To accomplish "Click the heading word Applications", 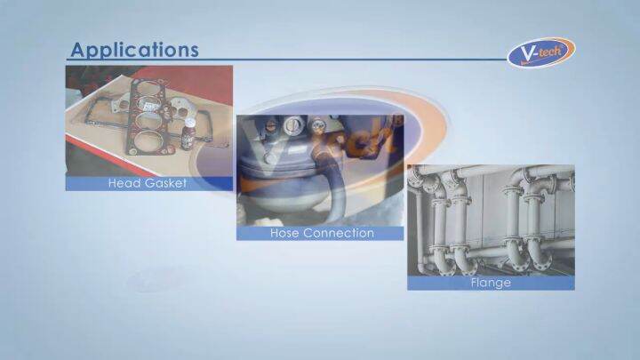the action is pyautogui.click(x=135, y=50).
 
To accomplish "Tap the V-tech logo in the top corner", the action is pyautogui.click(x=541, y=52).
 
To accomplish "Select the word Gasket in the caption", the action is pyautogui.click(x=165, y=183).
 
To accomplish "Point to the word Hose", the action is pyautogui.click(x=285, y=233).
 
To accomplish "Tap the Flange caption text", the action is pyautogui.click(x=491, y=283).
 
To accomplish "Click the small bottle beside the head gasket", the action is pyautogui.click(x=188, y=134).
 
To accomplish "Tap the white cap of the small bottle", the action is pyautogui.click(x=189, y=122).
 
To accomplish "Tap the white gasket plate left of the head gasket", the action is pyautogui.click(x=120, y=103).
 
